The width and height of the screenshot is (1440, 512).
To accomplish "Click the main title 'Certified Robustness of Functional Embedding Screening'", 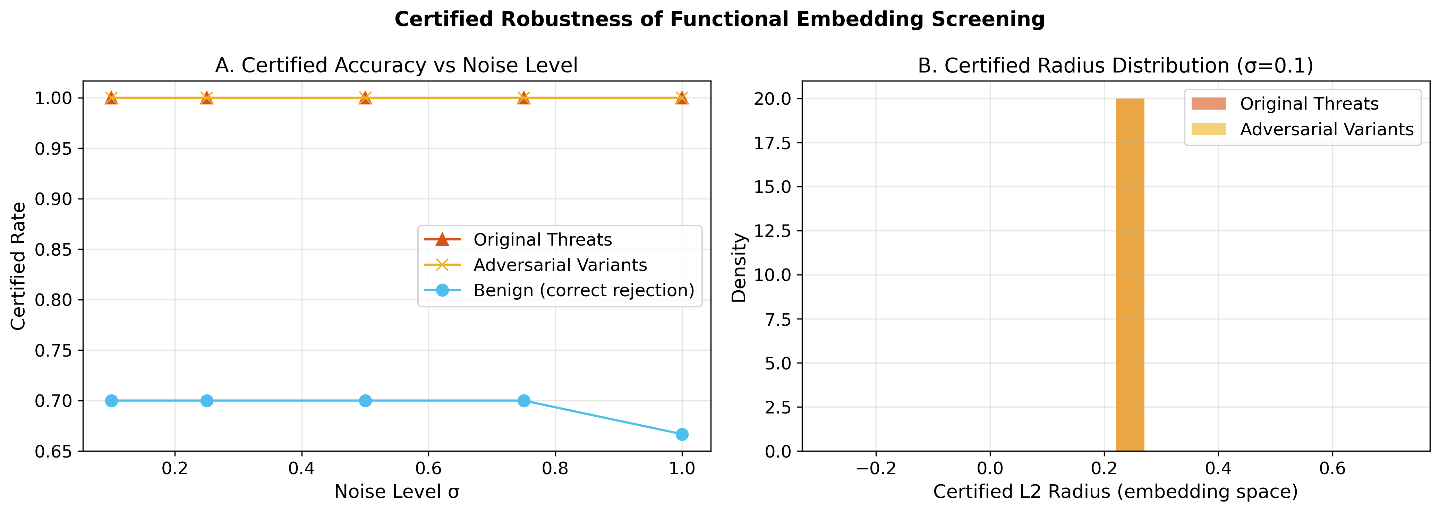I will tap(719, 19).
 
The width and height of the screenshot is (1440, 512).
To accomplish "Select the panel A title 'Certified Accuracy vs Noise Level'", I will tap(396, 66).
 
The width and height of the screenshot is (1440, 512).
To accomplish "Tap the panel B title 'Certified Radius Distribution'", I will tap(1115, 66).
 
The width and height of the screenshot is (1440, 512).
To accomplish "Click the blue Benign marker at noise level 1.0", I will tap(682, 434).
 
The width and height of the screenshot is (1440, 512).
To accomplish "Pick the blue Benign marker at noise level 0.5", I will tap(365, 401).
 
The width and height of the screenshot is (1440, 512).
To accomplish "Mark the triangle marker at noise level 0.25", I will tap(207, 98).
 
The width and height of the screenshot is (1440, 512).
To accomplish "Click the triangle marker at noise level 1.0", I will tap(682, 98).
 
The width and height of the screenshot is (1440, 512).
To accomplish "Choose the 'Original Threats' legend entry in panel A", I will tap(542, 240).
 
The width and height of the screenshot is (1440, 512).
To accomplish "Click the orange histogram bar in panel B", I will tap(1130, 274).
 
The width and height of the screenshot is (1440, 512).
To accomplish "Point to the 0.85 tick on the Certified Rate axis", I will tap(54, 249).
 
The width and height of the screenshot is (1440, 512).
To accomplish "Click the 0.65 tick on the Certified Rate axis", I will tap(54, 451).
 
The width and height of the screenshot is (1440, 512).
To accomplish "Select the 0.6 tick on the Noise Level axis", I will tap(428, 468).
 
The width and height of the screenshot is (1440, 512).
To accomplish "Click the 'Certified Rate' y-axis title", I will tap(18, 266).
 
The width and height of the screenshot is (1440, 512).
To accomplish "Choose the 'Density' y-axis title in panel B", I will tap(739, 267).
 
